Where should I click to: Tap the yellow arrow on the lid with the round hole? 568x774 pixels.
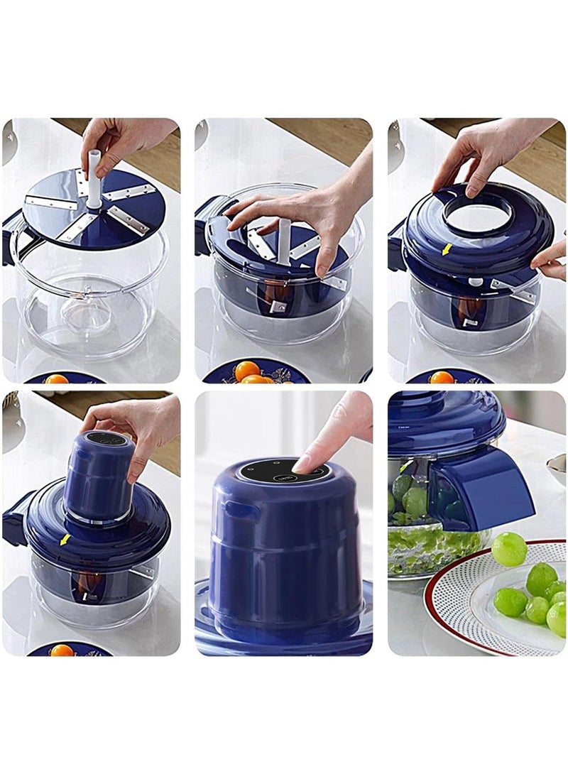point(447,249)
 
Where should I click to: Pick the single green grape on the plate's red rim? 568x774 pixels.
point(509,549)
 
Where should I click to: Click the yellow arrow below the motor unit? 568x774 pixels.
point(65,540)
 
